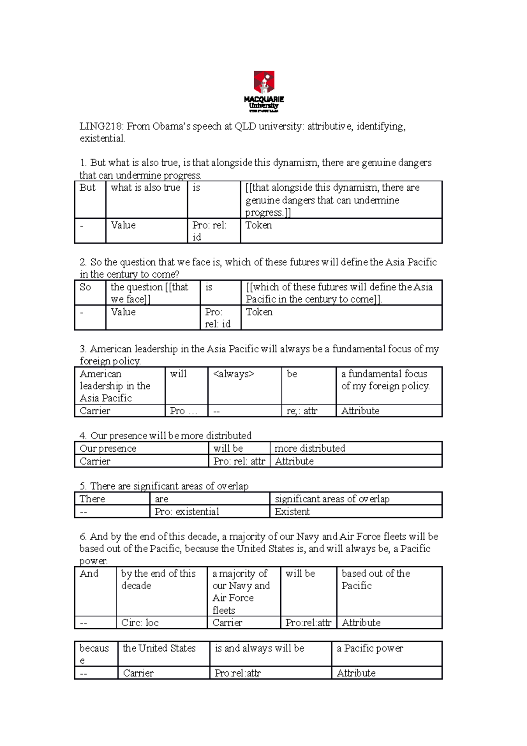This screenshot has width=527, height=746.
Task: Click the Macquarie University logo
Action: [x=264, y=91]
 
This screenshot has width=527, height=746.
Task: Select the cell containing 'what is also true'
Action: [x=146, y=188]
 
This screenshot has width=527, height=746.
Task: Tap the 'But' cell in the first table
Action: [x=88, y=188]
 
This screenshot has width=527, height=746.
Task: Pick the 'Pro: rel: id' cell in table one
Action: [x=209, y=231]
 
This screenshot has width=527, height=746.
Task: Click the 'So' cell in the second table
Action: [x=86, y=288]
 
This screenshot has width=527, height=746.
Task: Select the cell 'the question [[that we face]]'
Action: [x=149, y=293]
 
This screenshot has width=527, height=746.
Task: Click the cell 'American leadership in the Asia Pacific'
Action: [x=115, y=386]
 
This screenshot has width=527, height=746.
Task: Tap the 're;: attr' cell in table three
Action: [x=302, y=411]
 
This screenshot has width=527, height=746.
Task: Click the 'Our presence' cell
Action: [x=108, y=449]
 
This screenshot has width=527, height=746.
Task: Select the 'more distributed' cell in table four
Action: [x=310, y=449]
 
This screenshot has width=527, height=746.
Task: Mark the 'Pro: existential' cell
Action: [x=187, y=512]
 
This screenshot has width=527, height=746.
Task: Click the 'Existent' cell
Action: [x=292, y=512]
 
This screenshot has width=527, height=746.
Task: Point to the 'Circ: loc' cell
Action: [x=140, y=623]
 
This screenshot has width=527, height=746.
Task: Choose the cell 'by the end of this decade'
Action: [x=158, y=580]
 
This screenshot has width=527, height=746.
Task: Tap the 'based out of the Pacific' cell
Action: [x=375, y=580]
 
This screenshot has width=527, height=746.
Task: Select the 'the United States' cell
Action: [x=159, y=649]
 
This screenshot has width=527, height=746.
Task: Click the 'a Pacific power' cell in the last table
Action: [x=370, y=649]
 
